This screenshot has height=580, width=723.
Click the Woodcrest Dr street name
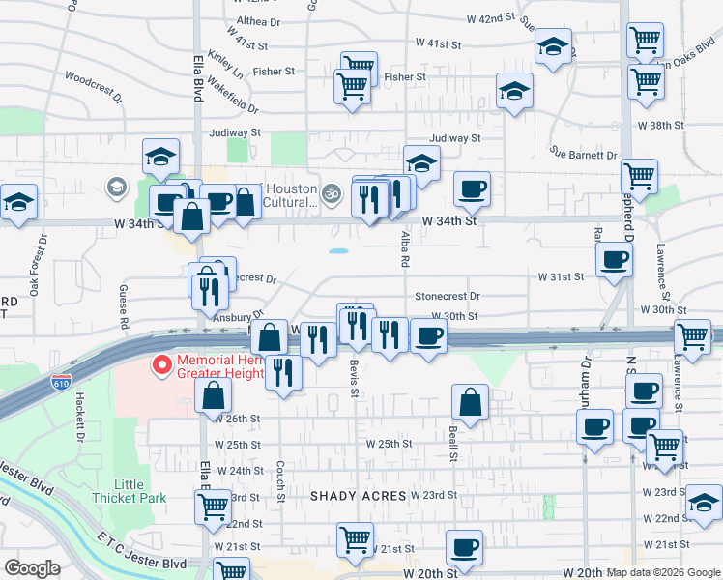click(x=94, y=86)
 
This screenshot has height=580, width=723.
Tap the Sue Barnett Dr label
click(x=583, y=154)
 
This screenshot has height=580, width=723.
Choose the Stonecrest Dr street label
click(x=447, y=296)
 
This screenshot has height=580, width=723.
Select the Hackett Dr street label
click(x=79, y=424)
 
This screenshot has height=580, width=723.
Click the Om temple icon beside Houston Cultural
click(x=332, y=192)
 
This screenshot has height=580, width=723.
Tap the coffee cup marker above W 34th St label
click(x=472, y=189)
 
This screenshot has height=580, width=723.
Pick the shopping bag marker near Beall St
click(x=470, y=403)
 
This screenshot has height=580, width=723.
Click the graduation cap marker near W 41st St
click(x=553, y=47)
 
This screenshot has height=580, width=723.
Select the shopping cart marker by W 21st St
click(x=355, y=539)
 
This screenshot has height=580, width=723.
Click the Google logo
click(x=32, y=568)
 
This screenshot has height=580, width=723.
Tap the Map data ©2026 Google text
click(x=662, y=572)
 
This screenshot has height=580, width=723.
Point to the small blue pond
click(x=338, y=252)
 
